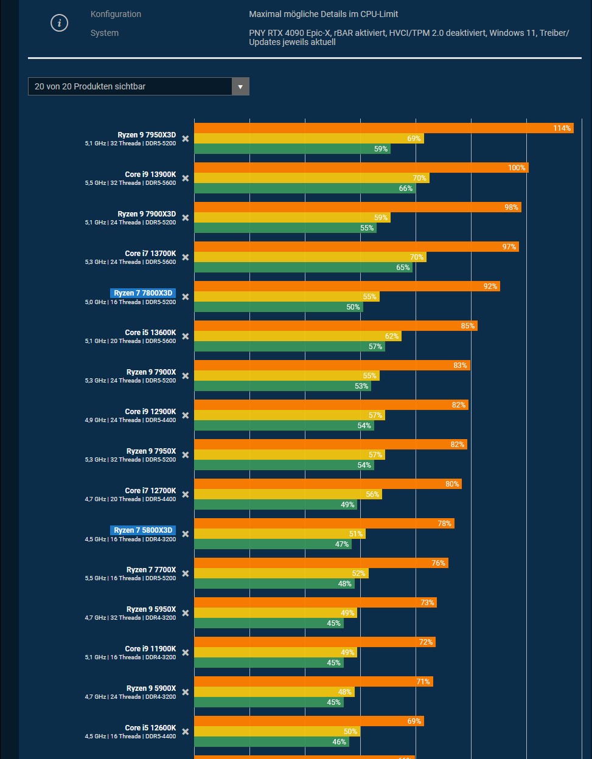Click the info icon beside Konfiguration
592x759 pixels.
[x=59, y=24]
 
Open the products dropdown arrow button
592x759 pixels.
[x=240, y=86]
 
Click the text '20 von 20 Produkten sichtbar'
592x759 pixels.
[x=90, y=86]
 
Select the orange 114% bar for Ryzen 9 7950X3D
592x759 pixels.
[x=383, y=128]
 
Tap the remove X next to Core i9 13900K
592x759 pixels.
[x=186, y=178]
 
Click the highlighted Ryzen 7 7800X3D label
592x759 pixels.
[x=143, y=293]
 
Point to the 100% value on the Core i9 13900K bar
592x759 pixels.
[x=517, y=168]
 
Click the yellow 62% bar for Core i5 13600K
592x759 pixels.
[x=298, y=336]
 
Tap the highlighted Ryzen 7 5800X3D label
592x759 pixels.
[x=143, y=530]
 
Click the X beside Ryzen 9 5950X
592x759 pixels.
[x=186, y=613]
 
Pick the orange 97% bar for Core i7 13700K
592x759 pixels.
[x=357, y=247]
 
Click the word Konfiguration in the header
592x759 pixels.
[x=116, y=14]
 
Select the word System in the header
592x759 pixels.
[x=105, y=33]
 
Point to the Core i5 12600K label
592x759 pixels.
[x=150, y=728]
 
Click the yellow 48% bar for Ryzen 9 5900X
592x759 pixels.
[x=274, y=692]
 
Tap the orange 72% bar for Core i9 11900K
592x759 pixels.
[x=315, y=642]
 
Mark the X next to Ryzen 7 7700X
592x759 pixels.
[x=186, y=574]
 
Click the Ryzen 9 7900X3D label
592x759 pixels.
[x=147, y=214]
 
